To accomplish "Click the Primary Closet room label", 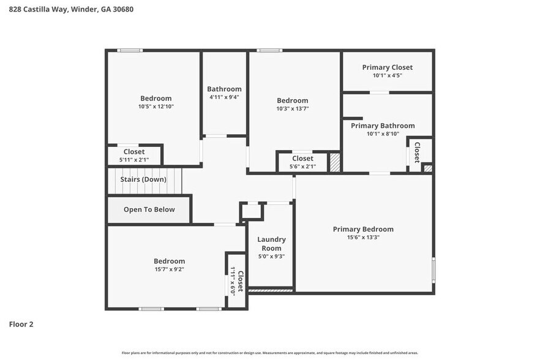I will [387, 67].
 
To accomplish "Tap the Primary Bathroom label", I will [383, 126].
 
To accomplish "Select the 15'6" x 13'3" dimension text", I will [363, 238].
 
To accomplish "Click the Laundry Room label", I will [271, 244].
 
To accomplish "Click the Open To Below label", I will [149, 209].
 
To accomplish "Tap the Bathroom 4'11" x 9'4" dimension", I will [224, 97].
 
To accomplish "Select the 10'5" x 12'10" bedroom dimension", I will [156, 107].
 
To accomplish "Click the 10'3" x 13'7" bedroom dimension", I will [292, 109].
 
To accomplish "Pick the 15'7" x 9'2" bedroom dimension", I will [170, 269].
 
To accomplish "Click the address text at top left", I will [72, 9].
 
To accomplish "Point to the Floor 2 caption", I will [21, 324].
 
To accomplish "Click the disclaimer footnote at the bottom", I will [270, 353].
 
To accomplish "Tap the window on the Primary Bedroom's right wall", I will [433, 269].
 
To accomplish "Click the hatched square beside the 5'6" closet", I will [334, 162].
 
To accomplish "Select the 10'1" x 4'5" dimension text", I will [387, 76].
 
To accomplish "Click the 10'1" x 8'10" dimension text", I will [383, 134].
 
